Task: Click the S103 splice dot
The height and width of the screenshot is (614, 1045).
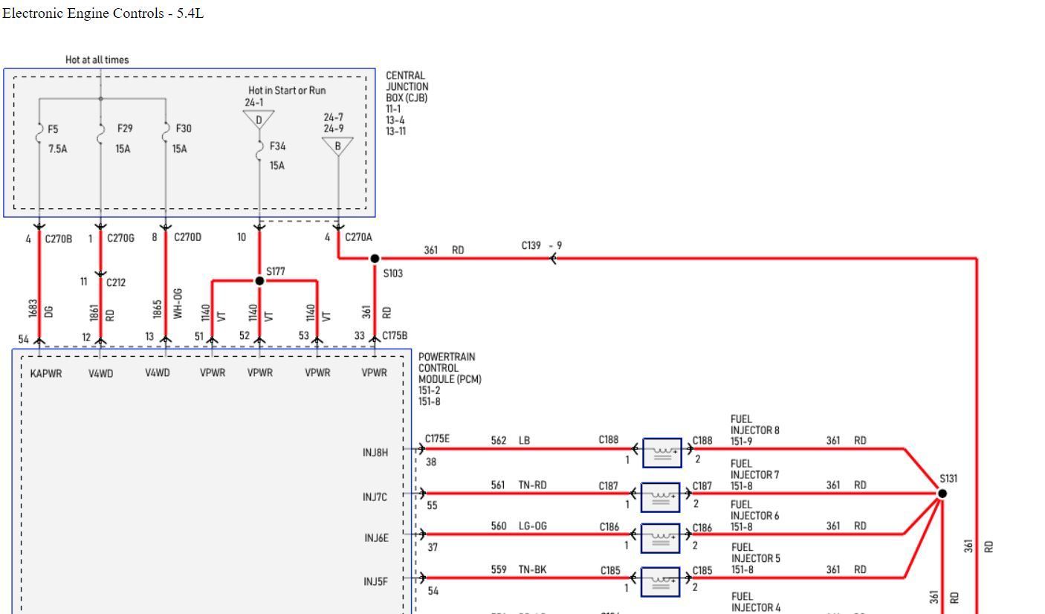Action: [375, 259]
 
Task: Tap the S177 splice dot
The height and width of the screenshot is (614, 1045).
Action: [259, 281]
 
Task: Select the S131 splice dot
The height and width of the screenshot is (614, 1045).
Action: [942, 494]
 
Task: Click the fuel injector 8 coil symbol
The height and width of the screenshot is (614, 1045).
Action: [661, 453]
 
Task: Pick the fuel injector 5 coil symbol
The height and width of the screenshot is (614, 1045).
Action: [660, 581]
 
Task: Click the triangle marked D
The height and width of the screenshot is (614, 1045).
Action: [259, 119]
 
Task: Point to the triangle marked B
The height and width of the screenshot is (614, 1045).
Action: [338, 146]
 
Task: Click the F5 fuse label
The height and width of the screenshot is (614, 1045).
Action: [53, 129]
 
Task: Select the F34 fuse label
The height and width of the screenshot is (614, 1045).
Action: [277, 146]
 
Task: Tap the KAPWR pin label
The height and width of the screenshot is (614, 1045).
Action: [46, 373]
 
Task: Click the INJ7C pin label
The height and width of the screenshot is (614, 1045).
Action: [375, 497]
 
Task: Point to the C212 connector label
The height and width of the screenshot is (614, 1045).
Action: [116, 282]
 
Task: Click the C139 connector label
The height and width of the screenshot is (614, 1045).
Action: [531, 245]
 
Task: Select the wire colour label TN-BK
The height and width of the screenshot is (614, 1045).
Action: [533, 569]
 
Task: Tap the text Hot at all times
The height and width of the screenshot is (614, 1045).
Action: [97, 59]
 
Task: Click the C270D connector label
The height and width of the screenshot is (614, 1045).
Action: [187, 238]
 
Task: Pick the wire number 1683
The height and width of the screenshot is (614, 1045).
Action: [32, 311]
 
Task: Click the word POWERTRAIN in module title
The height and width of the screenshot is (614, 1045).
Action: [447, 357]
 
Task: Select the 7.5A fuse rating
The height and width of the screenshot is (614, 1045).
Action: [57, 149]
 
